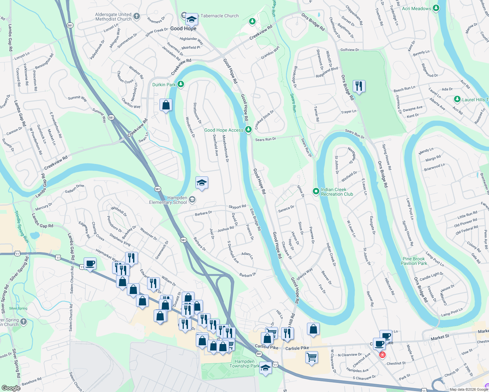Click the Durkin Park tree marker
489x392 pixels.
coord(180,85)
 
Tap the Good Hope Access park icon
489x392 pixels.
coord(248,130)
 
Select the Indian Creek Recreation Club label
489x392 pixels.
coord(337,192)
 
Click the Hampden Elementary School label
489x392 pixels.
coord(168,200)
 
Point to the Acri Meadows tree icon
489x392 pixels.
coord(436,8)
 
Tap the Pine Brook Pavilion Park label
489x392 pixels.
coord(414,261)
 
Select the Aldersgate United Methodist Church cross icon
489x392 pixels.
coord(137,16)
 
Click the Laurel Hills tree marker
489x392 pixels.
coord(457,99)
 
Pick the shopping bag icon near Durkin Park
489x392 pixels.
coord(166,105)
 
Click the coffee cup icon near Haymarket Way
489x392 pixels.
coord(90,263)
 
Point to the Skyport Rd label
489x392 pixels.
coord(237,207)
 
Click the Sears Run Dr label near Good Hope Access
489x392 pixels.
coord(265,139)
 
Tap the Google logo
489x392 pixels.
coord(11,388)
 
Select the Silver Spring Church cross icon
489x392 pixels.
coord(23,322)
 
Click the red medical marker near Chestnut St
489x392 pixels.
coord(382,355)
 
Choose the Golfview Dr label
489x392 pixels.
coord(349,50)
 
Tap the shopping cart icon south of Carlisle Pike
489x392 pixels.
coord(312,357)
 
